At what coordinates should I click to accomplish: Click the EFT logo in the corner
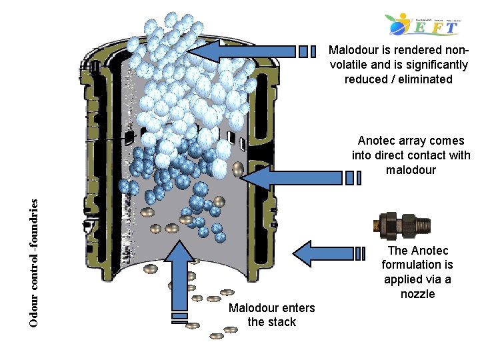tap(424, 25)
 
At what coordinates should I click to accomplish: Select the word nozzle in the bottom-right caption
tap(417, 294)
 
